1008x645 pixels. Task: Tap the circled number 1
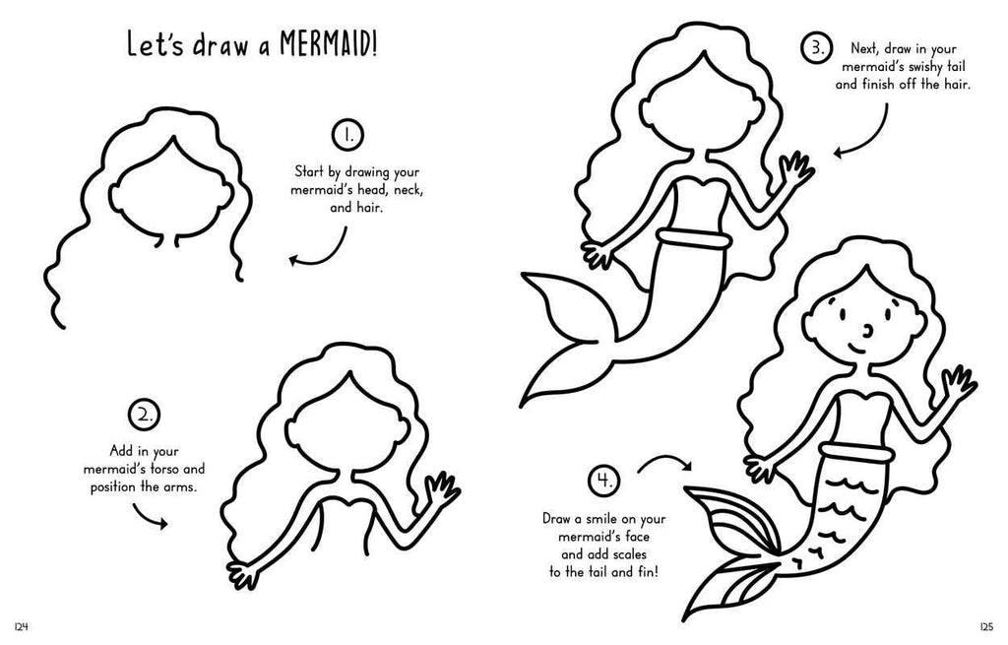tap(347, 135)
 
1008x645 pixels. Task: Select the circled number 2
tap(145, 415)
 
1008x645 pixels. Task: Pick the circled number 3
tap(817, 49)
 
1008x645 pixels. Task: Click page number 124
tap(22, 627)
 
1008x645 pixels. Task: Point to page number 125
tap(986, 627)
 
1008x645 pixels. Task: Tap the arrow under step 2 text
tap(150, 517)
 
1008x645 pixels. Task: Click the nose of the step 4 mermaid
tap(867, 330)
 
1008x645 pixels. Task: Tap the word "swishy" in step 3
tap(907, 66)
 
